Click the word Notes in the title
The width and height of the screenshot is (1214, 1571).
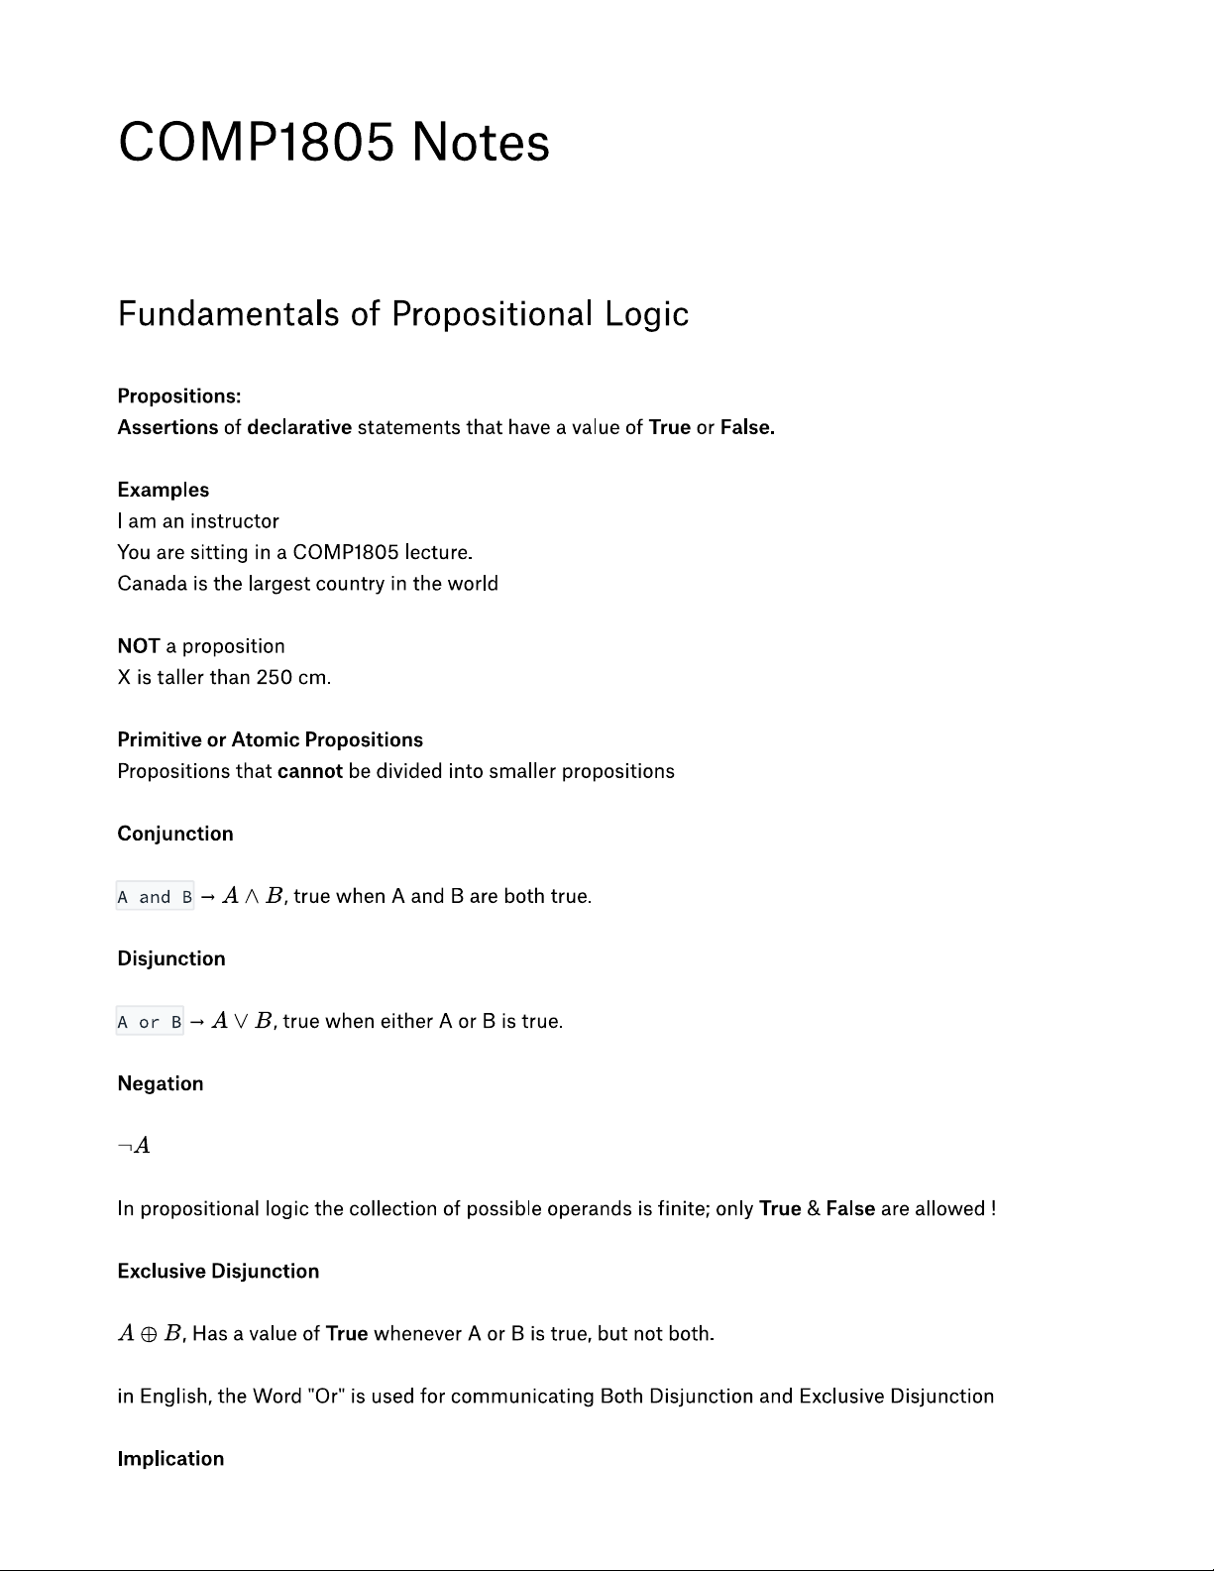click(480, 142)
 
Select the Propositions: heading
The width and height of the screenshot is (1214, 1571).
click(179, 396)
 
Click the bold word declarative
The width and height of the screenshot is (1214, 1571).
click(299, 427)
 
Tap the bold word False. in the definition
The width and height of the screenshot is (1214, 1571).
click(747, 427)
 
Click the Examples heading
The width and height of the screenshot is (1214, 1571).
click(164, 490)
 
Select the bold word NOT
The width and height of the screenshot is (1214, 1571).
click(139, 646)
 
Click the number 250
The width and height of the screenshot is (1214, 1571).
click(274, 678)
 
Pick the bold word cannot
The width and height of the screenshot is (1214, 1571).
click(310, 771)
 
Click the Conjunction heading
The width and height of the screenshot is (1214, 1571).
click(175, 834)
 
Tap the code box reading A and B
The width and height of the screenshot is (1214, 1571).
click(155, 897)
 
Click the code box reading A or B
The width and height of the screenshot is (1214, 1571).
click(150, 1022)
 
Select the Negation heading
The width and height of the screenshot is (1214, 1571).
click(161, 1083)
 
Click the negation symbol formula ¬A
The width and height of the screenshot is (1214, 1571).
click(134, 1146)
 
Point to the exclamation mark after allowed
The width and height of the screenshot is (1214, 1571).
click(993, 1209)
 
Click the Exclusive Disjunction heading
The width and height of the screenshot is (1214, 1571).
click(218, 1272)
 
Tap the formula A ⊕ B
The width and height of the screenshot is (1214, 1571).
click(149, 1334)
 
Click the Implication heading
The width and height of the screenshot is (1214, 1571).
click(170, 1459)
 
